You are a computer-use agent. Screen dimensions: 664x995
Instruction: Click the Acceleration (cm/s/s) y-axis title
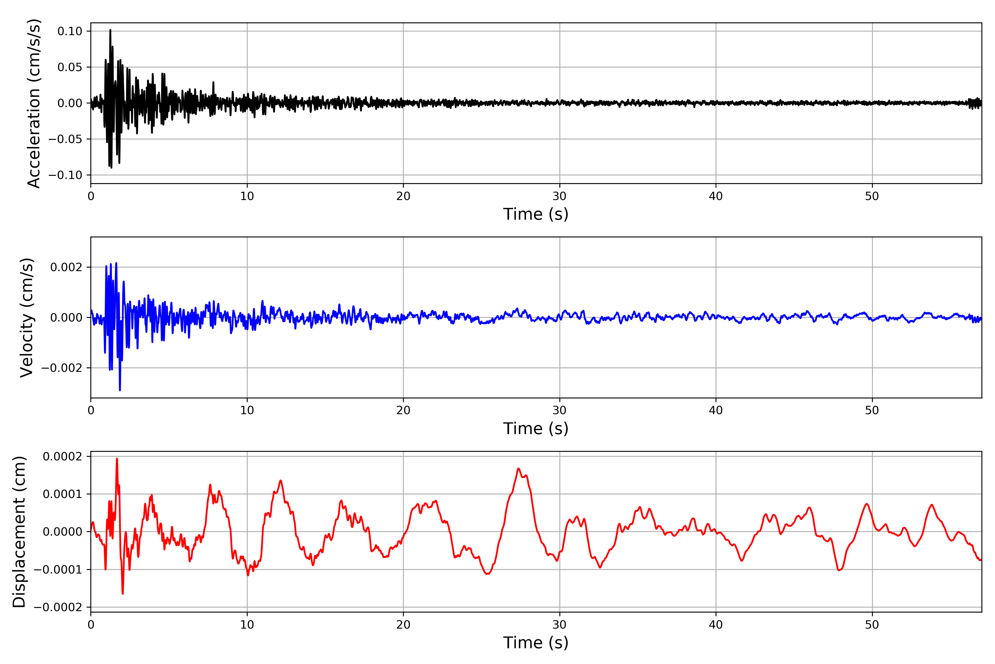point(33,103)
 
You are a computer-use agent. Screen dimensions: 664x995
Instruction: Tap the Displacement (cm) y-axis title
point(19,531)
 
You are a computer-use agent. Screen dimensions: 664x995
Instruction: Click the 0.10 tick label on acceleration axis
point(70,31)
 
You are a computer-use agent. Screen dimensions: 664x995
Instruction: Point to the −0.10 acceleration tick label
point(65,175)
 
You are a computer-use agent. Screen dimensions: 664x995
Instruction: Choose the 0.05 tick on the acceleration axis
point(70,67)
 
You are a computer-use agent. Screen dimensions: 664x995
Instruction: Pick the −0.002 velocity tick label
point(62,368)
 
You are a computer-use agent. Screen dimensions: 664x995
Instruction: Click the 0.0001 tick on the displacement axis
point(63,494)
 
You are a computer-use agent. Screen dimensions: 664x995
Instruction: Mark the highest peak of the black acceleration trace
point(110,30)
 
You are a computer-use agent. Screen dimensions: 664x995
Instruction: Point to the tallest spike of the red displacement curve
point(117,459)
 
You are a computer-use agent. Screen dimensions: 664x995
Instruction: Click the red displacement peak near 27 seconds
point(519,468)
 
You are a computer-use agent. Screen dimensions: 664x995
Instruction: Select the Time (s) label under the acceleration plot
point(536,214)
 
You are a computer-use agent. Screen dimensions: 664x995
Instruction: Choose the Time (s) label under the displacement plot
point(536,642)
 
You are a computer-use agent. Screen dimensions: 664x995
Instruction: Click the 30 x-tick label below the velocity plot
point(559,410)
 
